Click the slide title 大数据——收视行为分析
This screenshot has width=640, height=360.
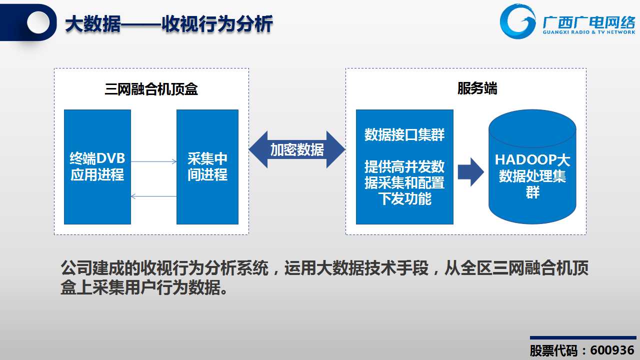point(169,24)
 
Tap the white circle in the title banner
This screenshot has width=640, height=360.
point(38,22)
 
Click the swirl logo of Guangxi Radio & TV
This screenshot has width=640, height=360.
point(517,21)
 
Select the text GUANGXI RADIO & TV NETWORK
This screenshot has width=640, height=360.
point(589,32)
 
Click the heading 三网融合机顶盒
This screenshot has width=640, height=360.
point(151,89)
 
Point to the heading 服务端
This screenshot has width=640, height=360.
point(477,88)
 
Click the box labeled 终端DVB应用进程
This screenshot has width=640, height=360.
point(97,167)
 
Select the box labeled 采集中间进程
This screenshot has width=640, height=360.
point(207,167)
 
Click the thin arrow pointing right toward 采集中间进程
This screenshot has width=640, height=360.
point(153,161)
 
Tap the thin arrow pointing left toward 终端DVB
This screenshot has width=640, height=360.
point(153,196)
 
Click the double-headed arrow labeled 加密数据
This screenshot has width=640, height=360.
point(297,149)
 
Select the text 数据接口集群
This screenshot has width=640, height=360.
point(404,134)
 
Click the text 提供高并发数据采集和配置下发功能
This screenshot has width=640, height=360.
point(404,182)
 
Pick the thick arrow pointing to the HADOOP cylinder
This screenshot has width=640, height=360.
point(471,172)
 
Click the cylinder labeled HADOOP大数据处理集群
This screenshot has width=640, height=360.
point(532,166)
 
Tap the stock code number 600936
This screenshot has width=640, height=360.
point(612,350)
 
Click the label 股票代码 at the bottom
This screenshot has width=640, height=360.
point(553,350)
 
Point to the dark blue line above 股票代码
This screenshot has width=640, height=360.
point(583,337)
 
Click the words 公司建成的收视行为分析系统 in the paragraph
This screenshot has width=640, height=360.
point(165,268)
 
